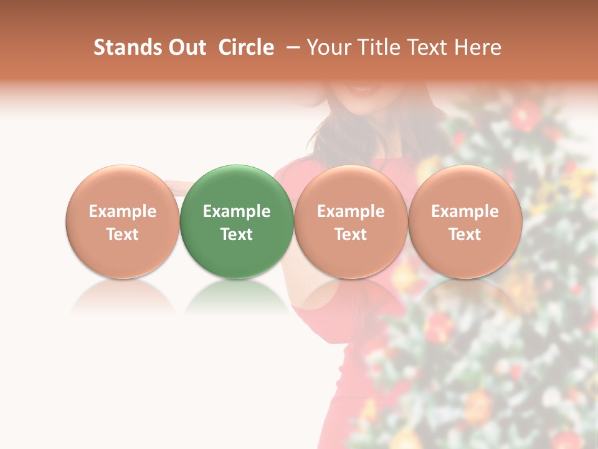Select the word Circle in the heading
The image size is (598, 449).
pos(246,47)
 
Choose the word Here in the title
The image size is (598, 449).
pos(478,47)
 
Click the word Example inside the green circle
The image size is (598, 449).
pos(237,211)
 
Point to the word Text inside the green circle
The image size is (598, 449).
pos(237,234)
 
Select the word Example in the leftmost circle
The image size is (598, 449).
pos(123,211)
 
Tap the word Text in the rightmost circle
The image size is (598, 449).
pos(465,234)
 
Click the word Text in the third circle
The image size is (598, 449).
pos(351,234)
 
